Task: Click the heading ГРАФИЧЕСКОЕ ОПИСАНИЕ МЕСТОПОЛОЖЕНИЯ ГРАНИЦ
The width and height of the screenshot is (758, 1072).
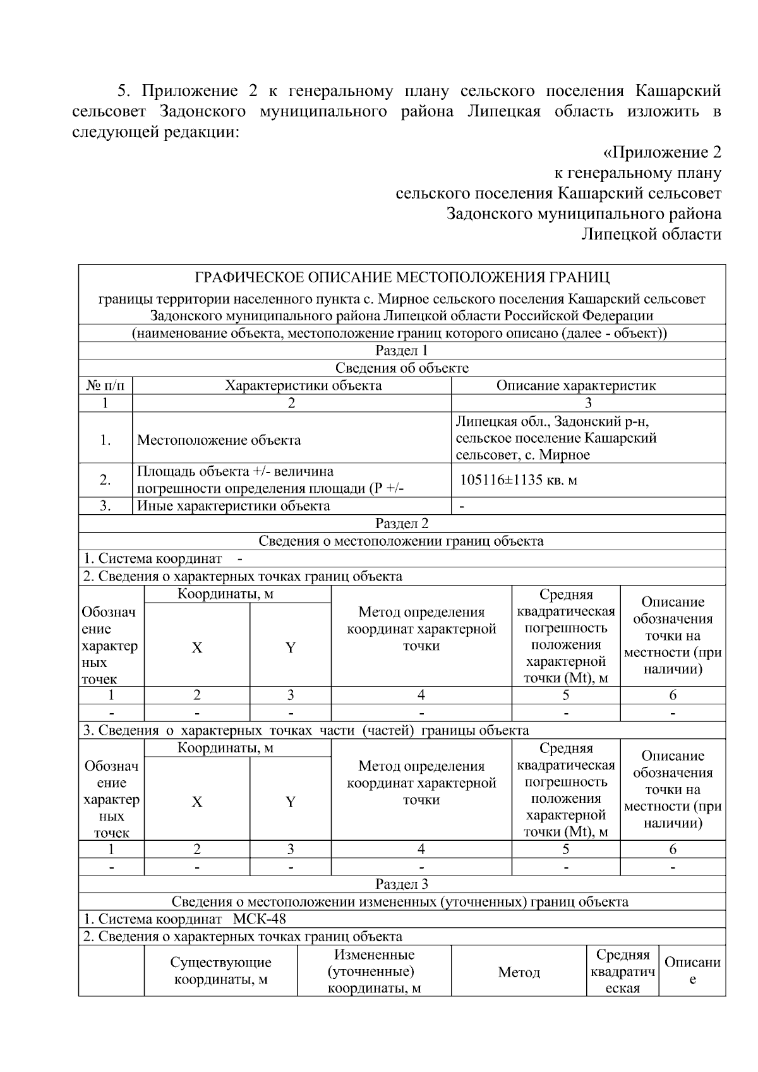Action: click(x=402, y=277)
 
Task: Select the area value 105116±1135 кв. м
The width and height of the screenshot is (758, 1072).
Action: click(x=518, y=480)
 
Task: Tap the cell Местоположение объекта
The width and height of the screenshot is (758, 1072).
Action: click(x=219, y=440)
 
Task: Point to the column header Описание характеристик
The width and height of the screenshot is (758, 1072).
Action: click(x=575, y=385)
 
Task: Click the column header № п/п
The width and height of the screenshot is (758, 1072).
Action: click(x=105, y=385)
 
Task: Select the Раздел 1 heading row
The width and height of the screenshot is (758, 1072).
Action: click(x=402, y=351)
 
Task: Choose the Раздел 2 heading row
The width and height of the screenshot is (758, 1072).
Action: click(x=402, y=524)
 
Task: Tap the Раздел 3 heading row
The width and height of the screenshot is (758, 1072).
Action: click(x=402, y=884)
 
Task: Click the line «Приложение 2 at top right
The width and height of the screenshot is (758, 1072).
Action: click(x=662, y=152)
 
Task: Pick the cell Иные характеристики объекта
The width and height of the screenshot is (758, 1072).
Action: click(x=233, y=506)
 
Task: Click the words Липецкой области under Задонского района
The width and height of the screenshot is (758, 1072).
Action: click(x=651, y=234)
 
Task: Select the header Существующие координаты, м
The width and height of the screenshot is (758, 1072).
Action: click(x=220, y=972)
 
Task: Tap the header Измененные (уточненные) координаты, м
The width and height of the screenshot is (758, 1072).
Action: click(x=374, y=972)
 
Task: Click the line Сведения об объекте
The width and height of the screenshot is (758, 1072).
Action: click(x=402, y=368)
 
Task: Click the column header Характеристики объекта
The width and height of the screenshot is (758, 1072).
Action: click(x=303, y=385)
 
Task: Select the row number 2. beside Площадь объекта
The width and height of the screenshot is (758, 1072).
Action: click(x=105, y=480)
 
